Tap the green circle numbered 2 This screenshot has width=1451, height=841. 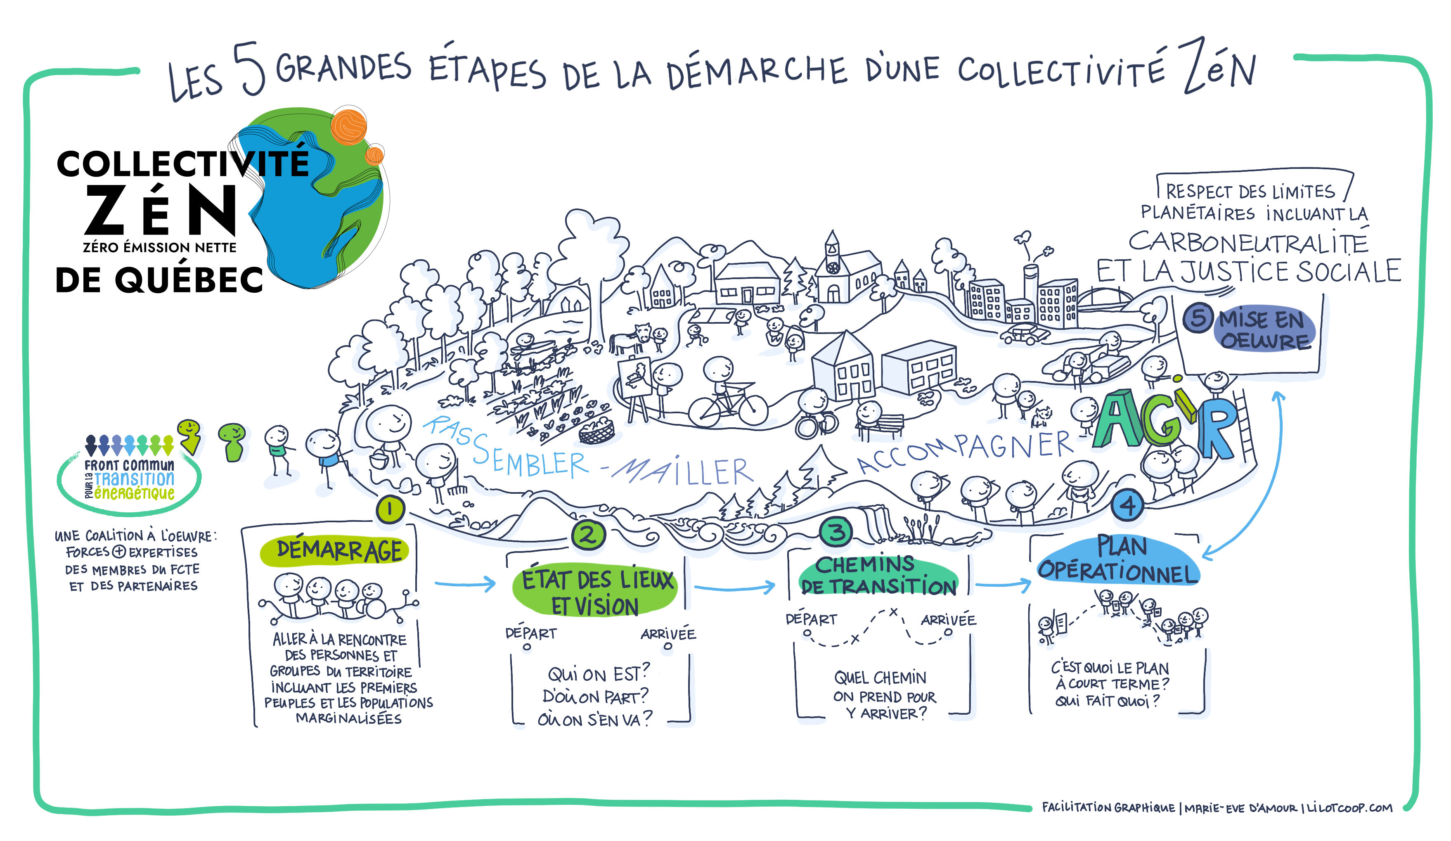587,535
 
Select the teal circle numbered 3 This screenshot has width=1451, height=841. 837,531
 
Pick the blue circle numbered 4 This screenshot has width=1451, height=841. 1127,505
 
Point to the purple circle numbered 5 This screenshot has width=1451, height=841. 1198,318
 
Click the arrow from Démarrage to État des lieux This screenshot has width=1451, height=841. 465,584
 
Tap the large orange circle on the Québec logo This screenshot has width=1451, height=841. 348,126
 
